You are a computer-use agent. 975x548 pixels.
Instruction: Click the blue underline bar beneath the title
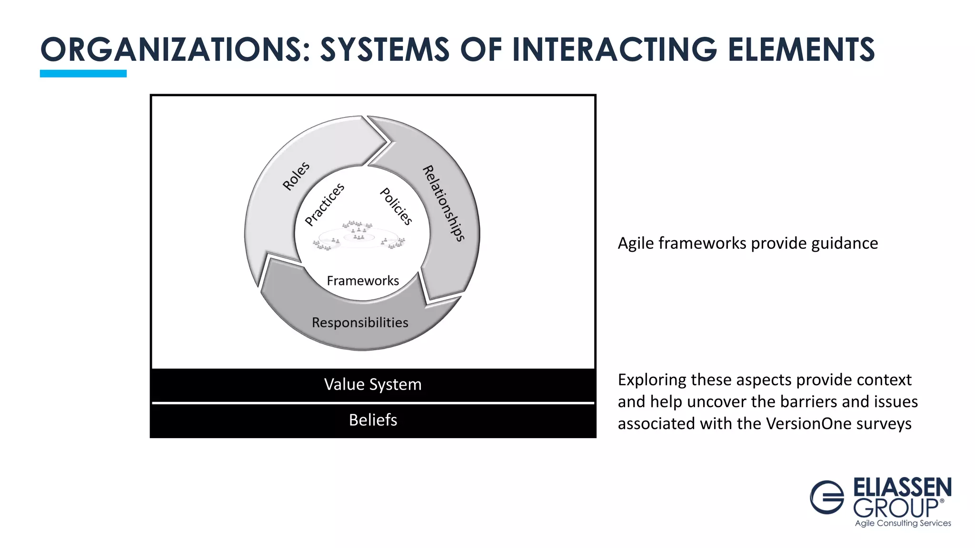click(83, 73)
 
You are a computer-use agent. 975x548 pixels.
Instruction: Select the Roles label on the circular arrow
click(296, 176)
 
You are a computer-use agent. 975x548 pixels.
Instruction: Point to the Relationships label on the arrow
click(443, 203)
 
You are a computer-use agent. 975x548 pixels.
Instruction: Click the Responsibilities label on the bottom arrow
click(360, 323)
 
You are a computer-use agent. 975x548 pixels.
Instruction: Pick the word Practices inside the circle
click(324, 205)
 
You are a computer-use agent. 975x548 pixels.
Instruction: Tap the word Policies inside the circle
click(396, 206)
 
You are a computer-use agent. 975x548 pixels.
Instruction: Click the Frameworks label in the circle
click(363, 281)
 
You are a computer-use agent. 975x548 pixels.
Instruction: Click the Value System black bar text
click(373, 384)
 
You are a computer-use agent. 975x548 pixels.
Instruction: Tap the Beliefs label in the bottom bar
click(373, 420)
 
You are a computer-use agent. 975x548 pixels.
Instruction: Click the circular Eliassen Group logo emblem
click(827, 497)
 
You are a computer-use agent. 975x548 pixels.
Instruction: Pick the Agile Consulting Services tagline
click(903, 523)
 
